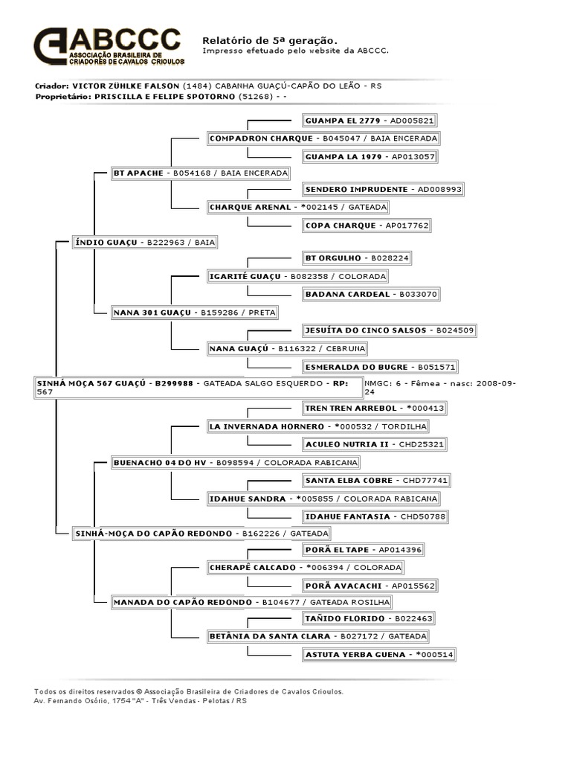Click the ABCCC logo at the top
tap(107, 46)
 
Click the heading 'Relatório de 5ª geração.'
tap(270, 39)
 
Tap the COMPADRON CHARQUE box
tap(323, 138)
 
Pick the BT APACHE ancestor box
tap(200, 174)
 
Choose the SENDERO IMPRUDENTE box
tap(384, 190)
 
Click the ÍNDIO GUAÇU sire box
tap(146, 243)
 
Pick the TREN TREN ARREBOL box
tap(376, 408)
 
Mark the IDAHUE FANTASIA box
tap(378, 516)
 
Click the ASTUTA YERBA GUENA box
tap(378, 655)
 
